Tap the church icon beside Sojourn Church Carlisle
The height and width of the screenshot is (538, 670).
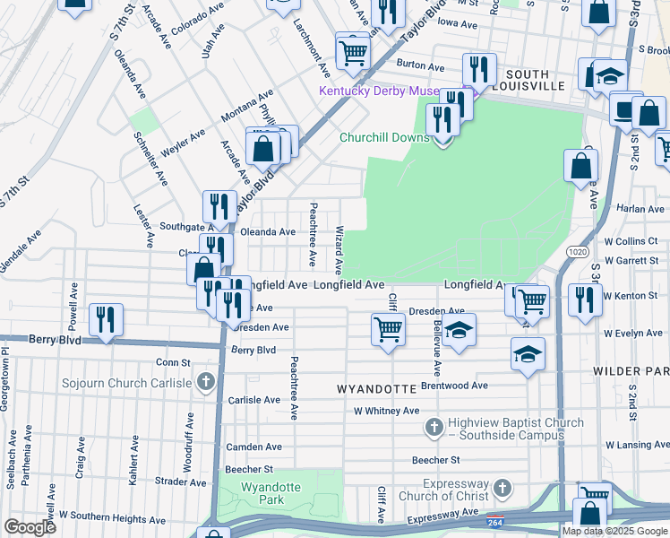(206, 383)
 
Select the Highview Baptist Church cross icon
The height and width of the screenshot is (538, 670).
(434, 429)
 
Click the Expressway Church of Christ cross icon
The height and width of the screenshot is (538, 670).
(502, 489)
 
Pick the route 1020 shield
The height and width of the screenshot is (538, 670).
(577, 254)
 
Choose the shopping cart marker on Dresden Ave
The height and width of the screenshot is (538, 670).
(388, 328)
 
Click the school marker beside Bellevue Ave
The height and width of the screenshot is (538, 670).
(459, 331)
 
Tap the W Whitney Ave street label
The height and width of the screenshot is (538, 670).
(386, 411)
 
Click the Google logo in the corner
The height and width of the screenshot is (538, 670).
(30, 527)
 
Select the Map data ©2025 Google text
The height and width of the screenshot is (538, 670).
(615, 531)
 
